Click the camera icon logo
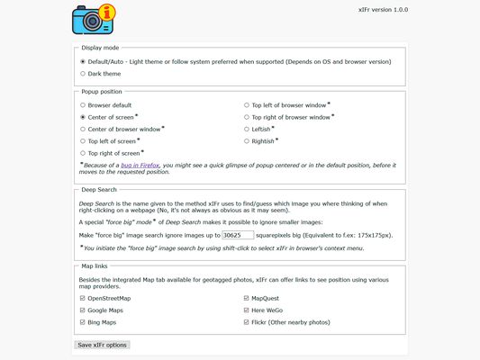click(x=93, y=18)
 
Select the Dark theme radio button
click(x=83, y=74)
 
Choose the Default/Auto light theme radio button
click(x=83, y=61)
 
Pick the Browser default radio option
click(x=83, y=105)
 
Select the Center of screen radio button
click(x=83, y=117)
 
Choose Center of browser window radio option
click(x=83, y=129)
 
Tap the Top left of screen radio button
click(x=83, y=141)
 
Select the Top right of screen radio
click(x=83, y=153)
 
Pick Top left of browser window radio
click(x=248, y=105)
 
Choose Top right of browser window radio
click(x=248, y=117)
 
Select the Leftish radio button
click(x=248, y=129)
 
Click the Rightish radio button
click(x=248, y=141)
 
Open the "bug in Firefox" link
click(x=148, y=166)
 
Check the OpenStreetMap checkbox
click(x=83, y=298)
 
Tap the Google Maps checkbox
click(x=83, y=310)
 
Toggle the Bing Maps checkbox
click(x=83, y=322)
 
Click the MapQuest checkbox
click(x=248, y=298)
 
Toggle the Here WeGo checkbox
click(x=248, y=310)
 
